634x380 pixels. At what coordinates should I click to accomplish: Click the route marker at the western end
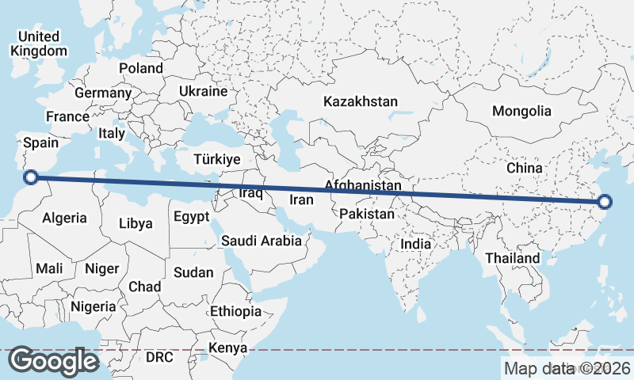31,177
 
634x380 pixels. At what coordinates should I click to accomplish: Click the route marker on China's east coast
605,203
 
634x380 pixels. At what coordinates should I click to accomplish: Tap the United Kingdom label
39,44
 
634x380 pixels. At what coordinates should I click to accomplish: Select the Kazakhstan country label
360,101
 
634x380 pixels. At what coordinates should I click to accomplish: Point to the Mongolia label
521,111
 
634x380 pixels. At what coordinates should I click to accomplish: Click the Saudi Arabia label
262,241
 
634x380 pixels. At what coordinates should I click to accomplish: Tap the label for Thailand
512,258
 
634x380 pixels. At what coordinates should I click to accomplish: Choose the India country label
416,244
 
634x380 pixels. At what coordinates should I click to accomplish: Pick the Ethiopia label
235,311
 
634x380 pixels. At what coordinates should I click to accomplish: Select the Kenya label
228,348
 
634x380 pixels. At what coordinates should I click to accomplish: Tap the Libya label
135,223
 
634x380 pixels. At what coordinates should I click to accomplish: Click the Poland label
141,68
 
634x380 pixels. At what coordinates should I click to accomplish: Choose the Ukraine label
203,91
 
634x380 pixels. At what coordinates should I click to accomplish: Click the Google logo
54,361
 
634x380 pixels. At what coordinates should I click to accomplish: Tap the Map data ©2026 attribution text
567,368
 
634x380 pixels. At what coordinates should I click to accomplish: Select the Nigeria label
94,306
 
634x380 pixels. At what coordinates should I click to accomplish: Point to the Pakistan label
366,215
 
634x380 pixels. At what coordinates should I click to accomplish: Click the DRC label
159,357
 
